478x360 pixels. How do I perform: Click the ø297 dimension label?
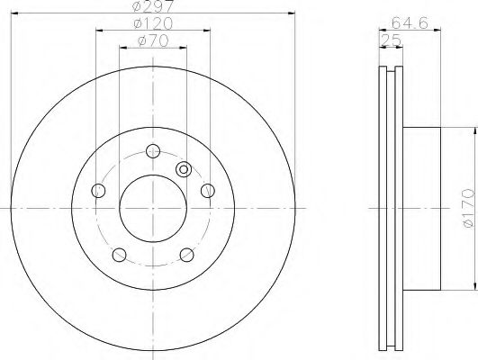click(153, 5)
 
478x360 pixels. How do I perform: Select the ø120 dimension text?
click(153, 23)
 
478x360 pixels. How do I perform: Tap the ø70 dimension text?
click(153, 40)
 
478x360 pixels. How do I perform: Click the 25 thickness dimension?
click(391, 40)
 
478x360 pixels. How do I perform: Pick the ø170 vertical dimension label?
click(469, 208)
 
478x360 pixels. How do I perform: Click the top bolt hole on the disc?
click(153, 151)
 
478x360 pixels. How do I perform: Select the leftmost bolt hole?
click(98, 191)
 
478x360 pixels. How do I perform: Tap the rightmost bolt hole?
click(208, 191)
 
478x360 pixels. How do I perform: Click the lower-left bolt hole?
click(119, 255)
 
